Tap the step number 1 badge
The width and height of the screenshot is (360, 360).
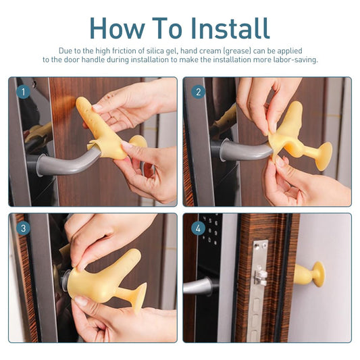pos(23,91)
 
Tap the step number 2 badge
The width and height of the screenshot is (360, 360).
pos(198,91)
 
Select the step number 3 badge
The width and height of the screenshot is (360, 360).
pos(23,228)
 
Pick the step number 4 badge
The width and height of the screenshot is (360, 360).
pos(198,228)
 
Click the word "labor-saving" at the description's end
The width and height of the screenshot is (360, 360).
pos(294,59)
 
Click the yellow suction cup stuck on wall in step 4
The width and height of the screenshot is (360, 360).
pos(311,274)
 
